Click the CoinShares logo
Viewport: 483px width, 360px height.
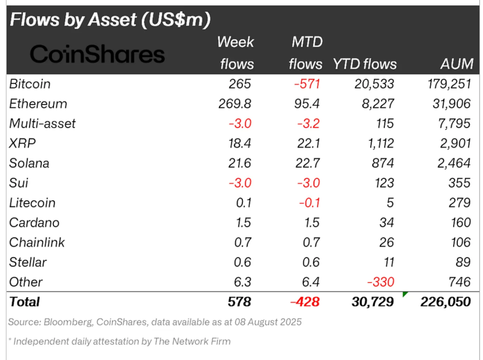(x=97, y=54)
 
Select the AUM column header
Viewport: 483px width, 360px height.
(x=457, y=64)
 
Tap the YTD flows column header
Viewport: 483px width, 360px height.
(x=365, y=64)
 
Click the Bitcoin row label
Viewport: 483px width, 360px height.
(x=30, y=84)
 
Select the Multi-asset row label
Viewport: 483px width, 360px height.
(x=43, y=124)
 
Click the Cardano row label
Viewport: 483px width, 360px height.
(x=34, y=223)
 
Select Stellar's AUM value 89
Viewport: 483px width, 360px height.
(x=463, y=262)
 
